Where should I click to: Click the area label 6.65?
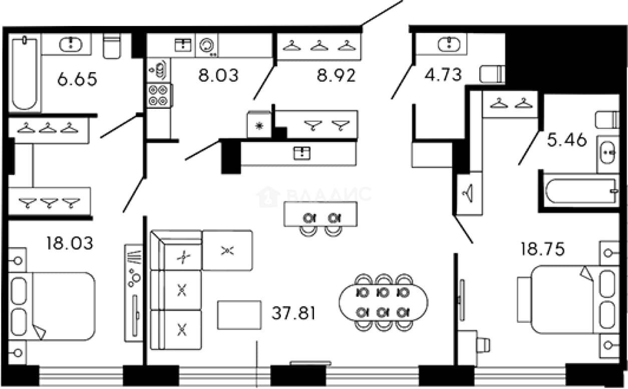77,79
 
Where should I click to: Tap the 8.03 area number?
218,75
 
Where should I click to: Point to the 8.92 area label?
336,75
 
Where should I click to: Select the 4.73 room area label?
443,75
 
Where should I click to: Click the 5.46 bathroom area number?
567,140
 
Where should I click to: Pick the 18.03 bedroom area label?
70,243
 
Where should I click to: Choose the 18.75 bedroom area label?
542,249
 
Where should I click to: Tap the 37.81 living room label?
293,313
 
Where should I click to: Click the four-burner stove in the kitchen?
159,95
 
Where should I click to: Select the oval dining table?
383,303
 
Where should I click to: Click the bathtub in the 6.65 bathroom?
25,74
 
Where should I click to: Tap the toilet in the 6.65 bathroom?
112,46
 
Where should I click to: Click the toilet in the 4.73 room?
492,74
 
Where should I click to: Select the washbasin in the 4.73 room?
449,44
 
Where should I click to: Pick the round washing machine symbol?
207,46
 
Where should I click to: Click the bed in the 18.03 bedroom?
52,306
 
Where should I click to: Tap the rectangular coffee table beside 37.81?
239,315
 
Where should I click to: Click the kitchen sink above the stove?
159,70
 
